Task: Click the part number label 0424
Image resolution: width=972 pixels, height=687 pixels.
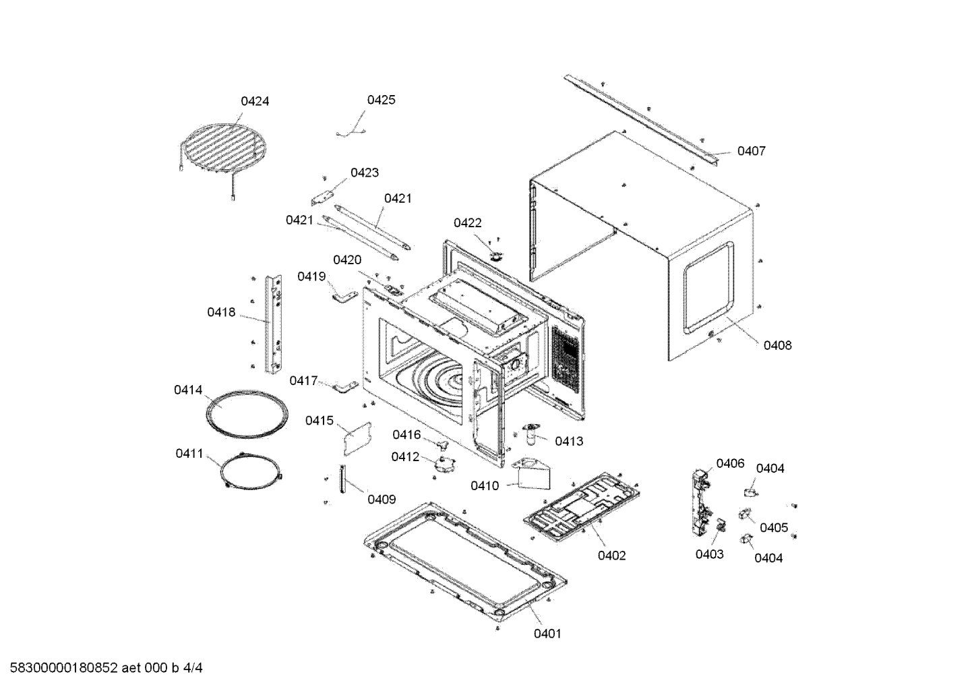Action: [x=255, y=101]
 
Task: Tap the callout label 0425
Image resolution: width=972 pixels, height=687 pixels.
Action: [x=381, y=100]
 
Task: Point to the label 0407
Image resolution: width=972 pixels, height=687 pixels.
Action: [x=751, y=151]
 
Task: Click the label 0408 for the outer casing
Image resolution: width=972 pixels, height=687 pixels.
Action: [x=777, y=345]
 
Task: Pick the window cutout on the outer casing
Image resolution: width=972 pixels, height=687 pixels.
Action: [x=709, y=288]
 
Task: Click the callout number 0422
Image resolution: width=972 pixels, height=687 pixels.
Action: [x=467, y=222]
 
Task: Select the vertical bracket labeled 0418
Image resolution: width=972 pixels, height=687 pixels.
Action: [x=273, y=324]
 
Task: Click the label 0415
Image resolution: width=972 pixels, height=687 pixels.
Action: [x=320, y=421]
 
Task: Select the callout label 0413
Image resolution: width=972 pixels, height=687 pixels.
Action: [x=569, y=442]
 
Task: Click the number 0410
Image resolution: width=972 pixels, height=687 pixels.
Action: [x=485, y=485]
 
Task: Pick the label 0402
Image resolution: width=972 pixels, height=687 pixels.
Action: [x=611, y=556]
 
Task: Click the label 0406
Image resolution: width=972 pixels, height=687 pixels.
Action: [x=730, y=463]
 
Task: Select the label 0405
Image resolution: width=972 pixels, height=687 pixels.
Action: [x=774, y=528]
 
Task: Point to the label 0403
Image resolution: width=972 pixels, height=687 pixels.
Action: [x=710, y=554]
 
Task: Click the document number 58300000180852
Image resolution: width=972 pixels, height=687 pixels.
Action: [x=64, y=667]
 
